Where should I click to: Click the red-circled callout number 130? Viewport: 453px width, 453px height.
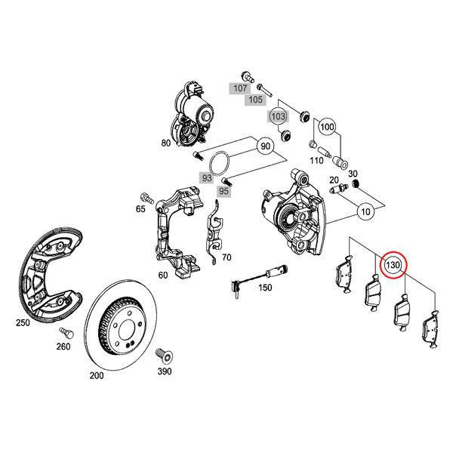tap(393, 266)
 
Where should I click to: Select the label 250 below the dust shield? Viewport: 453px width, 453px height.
tap(23, 323)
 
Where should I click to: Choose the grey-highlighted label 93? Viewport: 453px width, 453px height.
tap(206, 178)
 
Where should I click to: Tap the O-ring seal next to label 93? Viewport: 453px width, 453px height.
tap(219, 162)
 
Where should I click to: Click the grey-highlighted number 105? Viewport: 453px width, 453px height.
tap(256, 100)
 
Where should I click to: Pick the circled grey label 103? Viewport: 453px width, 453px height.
tap(279, 117)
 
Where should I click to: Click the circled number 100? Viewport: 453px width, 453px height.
tap(327, 127)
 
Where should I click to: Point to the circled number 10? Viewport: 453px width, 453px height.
tap(365, 213)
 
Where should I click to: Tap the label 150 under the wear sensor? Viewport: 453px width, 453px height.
tap(265, 288)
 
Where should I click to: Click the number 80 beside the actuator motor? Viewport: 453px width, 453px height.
tap(165, 141)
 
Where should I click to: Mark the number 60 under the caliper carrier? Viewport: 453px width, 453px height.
tap(162, 276)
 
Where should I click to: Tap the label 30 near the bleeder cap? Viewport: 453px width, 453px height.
tap(374, 174)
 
